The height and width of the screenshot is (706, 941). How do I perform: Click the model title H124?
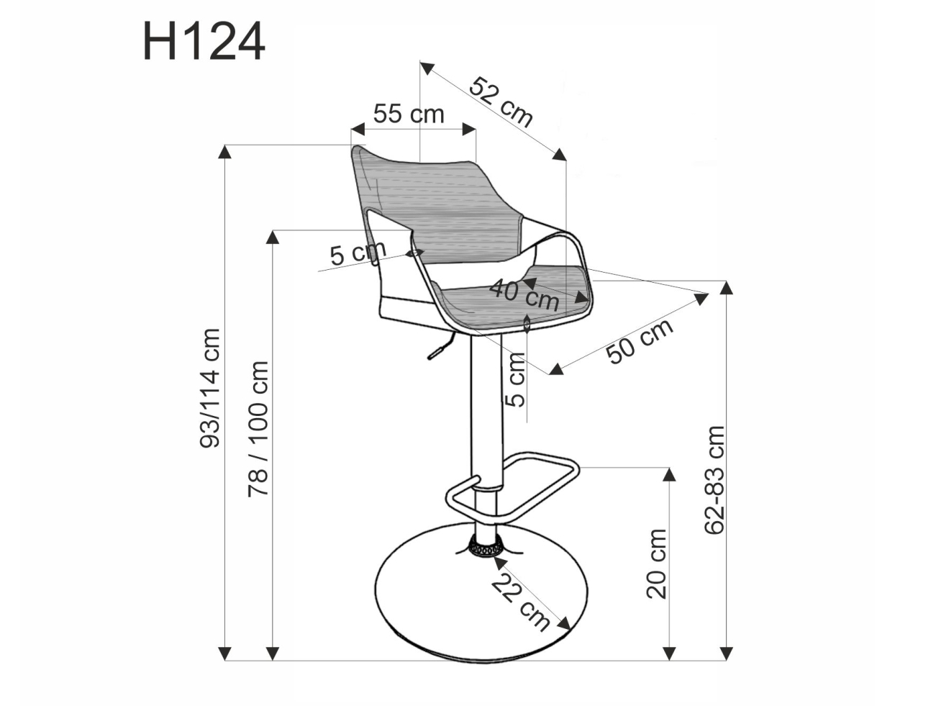coord(204,42)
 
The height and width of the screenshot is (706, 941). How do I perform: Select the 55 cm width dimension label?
coord(408,114)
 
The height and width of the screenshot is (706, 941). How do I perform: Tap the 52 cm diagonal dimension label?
coord(501,101)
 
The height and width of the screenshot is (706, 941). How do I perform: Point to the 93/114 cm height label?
coord(211,389)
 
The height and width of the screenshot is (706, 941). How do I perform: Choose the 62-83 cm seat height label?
coord(714,479)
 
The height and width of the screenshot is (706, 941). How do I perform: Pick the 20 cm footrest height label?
coord(656,563)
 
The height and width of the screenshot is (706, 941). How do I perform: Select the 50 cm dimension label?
coord(640,340)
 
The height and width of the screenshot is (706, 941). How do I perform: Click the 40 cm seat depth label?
coord(524,294)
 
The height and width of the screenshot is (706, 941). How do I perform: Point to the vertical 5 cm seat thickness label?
coord(516,381)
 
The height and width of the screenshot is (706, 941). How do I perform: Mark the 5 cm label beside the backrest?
coord(358,253)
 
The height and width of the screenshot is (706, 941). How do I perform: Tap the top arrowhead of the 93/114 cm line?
coord(225,151)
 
